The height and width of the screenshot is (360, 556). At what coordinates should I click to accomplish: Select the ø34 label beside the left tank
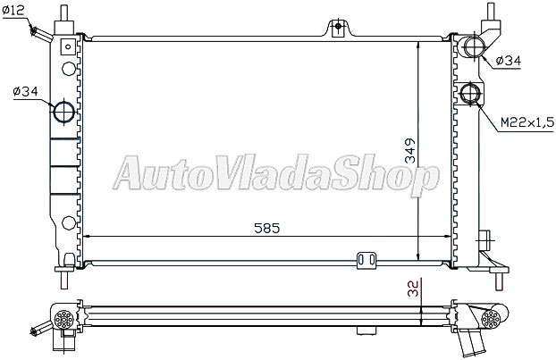(x=26, y=90)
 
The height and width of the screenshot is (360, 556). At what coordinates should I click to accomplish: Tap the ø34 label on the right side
(x=510, y=61)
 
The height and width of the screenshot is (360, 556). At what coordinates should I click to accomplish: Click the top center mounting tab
(x=337, y=27)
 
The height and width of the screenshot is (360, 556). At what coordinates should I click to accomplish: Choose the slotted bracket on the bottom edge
(x=365, y=260)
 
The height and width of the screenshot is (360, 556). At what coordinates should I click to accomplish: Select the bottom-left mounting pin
(x=65, y=278)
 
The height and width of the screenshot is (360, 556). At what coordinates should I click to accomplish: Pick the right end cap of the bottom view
(x=491, y=319)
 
